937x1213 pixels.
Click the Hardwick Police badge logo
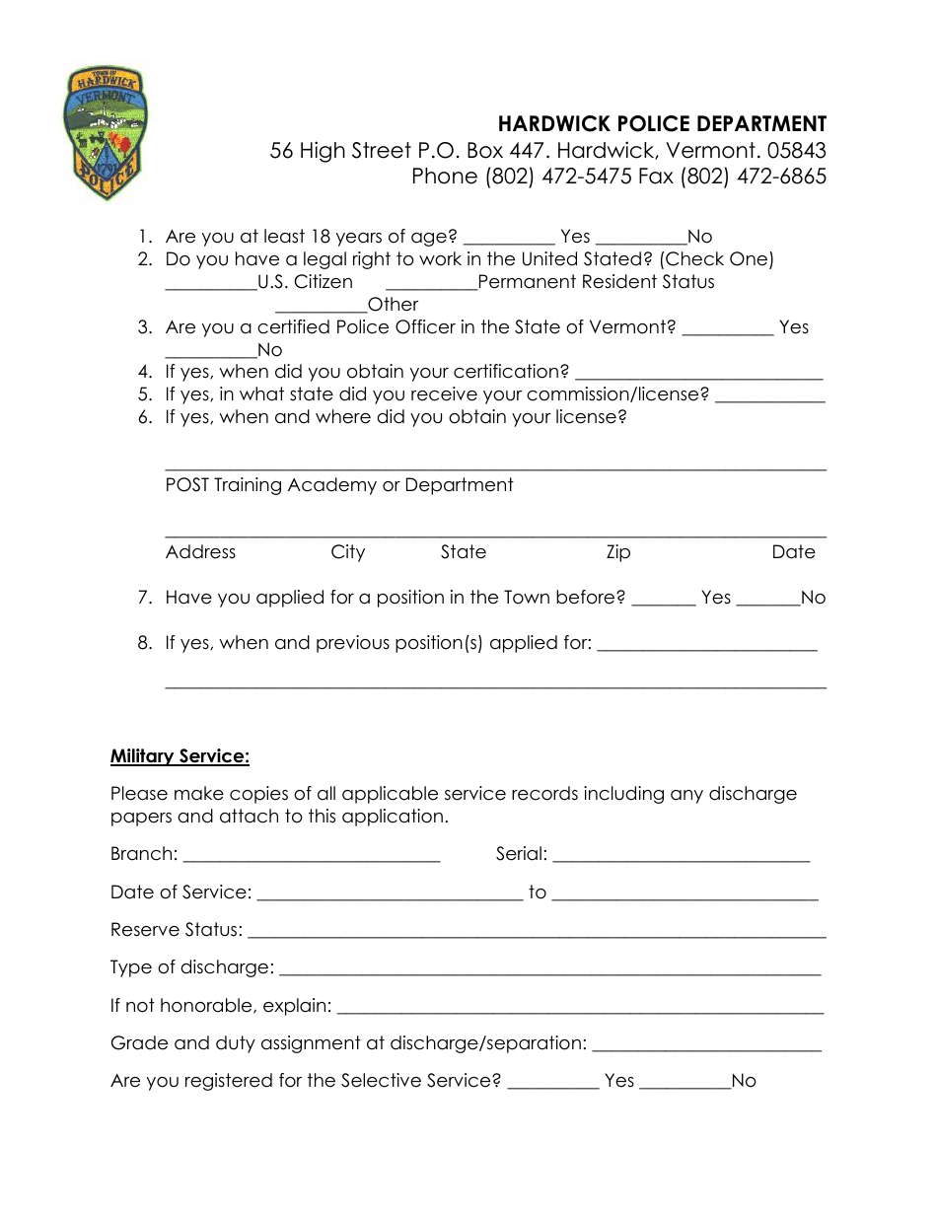106,133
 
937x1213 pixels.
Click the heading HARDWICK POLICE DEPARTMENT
662,124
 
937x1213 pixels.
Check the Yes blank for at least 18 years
508,237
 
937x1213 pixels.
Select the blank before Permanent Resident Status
431,282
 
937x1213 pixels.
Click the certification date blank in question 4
698,373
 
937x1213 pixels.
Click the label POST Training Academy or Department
339,485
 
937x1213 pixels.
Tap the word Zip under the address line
618,552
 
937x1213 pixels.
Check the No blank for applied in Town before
767,598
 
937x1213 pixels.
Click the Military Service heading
180,756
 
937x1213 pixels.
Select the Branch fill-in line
312,855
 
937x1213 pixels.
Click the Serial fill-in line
682,855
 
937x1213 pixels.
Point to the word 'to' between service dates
538,892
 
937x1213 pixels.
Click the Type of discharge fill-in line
550,968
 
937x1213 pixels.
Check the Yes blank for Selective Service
552,1081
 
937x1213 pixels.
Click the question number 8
145,643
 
